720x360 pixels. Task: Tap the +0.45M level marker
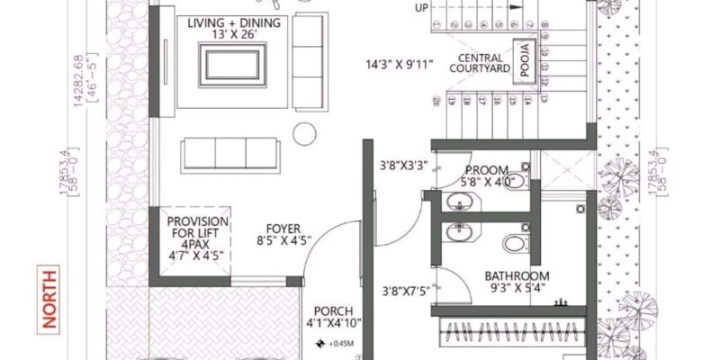coord(335,343)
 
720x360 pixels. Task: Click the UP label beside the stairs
coord(421,8)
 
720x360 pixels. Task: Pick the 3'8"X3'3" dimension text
coord(400,166)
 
